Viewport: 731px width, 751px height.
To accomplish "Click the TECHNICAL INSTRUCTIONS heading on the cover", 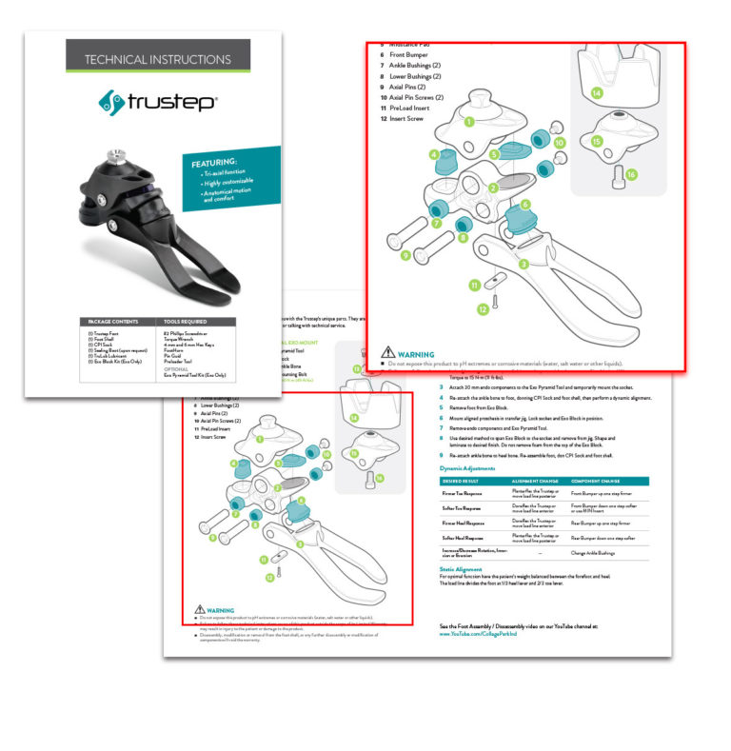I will pyautogui.click(x=157, y=59).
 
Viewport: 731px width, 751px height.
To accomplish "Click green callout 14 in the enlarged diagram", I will pyautogui.click(x=596, y=93).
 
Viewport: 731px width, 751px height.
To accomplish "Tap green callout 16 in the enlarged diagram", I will pyautogui.click(x=630, y=175).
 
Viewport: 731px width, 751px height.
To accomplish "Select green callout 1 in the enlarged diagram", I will pyautogui.click(x=468, y=122).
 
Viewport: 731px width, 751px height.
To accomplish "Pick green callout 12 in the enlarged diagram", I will pyautogui.click(x=483, y=307).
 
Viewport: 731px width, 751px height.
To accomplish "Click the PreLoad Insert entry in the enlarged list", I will pyautogui.click(x=419, y=108).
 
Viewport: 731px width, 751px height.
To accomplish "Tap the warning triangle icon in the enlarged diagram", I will pyautogui.click(x=387, y=352).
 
